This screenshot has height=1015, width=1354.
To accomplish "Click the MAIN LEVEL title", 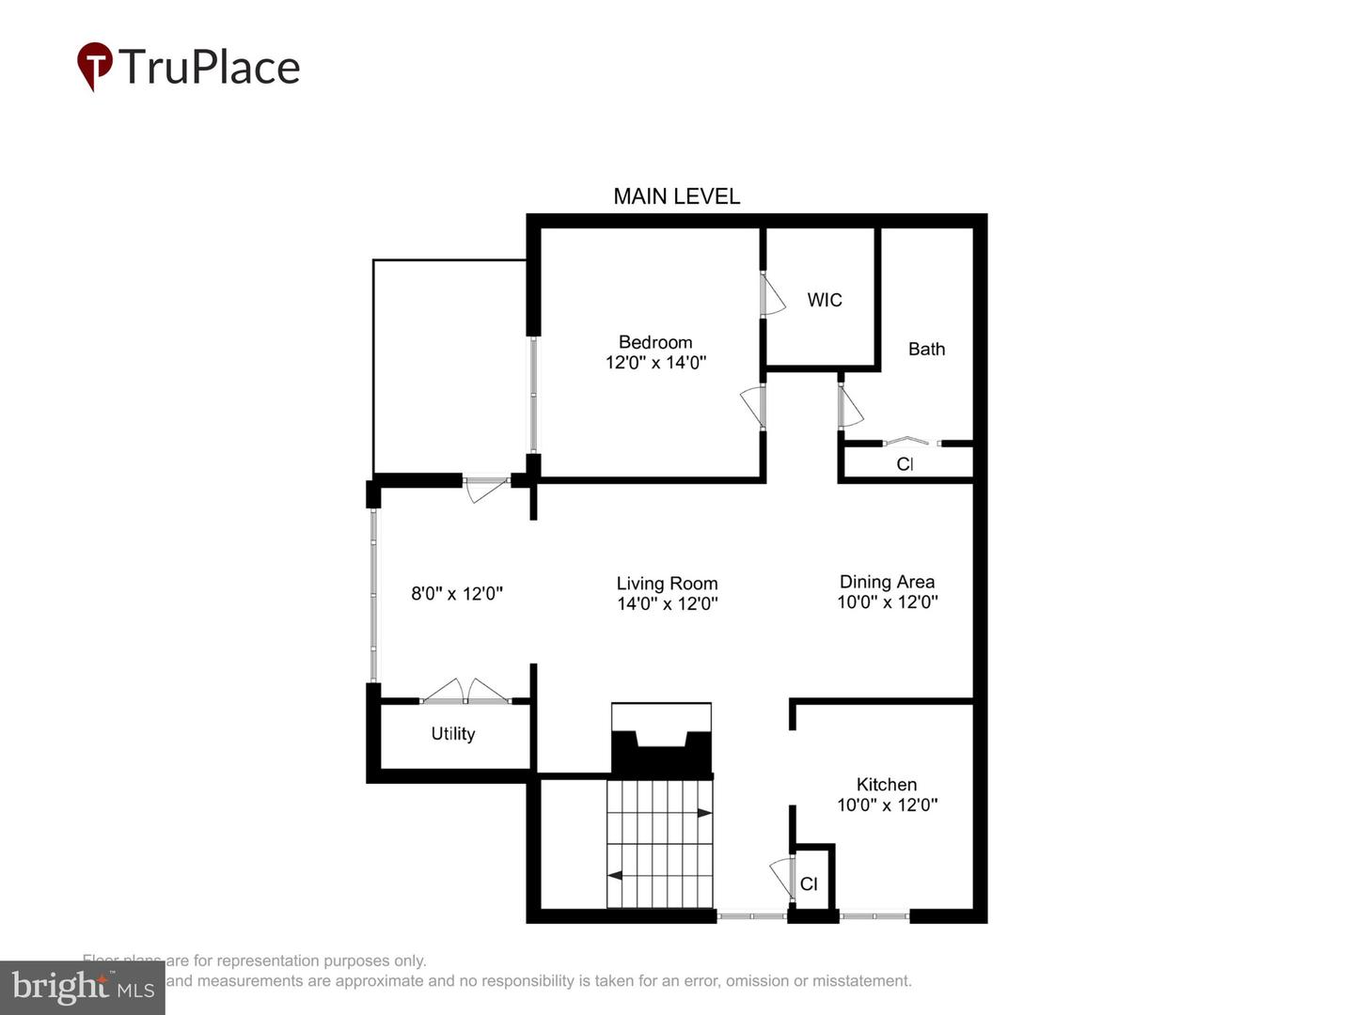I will pos(676,196).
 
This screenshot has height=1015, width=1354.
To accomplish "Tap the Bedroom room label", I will pos(655,342).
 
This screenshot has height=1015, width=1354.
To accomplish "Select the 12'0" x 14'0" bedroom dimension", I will pos(655,363).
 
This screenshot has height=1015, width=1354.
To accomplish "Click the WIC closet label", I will pos(825,300).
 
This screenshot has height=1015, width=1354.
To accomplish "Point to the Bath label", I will pos(926,349).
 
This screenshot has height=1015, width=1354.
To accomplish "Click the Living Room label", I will pos(667,584).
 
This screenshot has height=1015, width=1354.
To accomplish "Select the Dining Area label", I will pos(887,582).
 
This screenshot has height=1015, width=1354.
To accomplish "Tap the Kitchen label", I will pos(886,784).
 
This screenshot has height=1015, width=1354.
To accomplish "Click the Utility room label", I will pos(452,734).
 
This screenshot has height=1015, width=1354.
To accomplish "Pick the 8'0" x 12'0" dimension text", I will pos(457,594).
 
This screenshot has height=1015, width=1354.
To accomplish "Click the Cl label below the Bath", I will pos(905,464).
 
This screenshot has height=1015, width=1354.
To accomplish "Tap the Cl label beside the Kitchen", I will pos(809,884).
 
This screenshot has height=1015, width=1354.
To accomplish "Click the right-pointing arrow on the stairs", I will pos(704,813).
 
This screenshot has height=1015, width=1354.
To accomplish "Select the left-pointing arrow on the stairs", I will pos(615,876).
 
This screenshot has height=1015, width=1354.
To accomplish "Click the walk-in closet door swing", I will pos(772,294).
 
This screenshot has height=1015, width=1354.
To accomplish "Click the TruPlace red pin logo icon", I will pos(94,65).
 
